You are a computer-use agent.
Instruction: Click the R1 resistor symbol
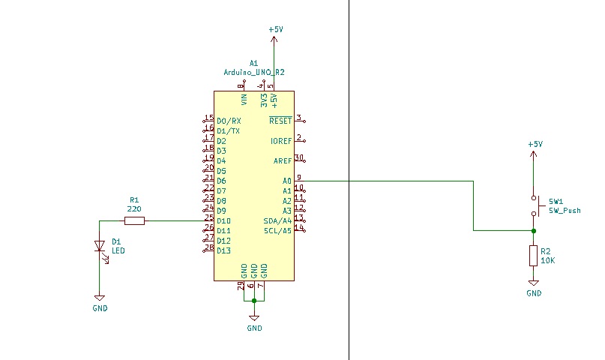[x=135, y=220]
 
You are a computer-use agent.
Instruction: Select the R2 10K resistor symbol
[x=533, y=256]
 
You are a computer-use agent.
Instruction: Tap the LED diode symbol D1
[x=100, y=246]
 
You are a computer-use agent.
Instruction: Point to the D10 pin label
[x=223, y=221]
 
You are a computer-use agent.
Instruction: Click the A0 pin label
[x=286, y=181]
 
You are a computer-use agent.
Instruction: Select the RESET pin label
[x=280, y=121]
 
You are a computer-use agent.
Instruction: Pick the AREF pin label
[x=282, y=161]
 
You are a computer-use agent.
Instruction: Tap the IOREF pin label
[x=280, y=141]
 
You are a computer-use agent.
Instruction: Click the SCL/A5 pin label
[x=277, y=231]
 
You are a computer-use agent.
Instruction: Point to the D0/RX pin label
[x=229, y=121]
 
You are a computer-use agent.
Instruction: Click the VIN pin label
[x=244, y=98]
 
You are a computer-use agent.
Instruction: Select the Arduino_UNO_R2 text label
[x=254, y=72]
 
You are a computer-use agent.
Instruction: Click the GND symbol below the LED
[x=100, y=299]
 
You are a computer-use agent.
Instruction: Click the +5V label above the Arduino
[x=275, y=29]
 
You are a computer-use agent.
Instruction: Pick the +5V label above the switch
[x=535, y=144]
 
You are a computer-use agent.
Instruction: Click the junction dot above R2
[x=533, y=231]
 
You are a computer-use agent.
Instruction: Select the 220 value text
[x=134, y=210]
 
